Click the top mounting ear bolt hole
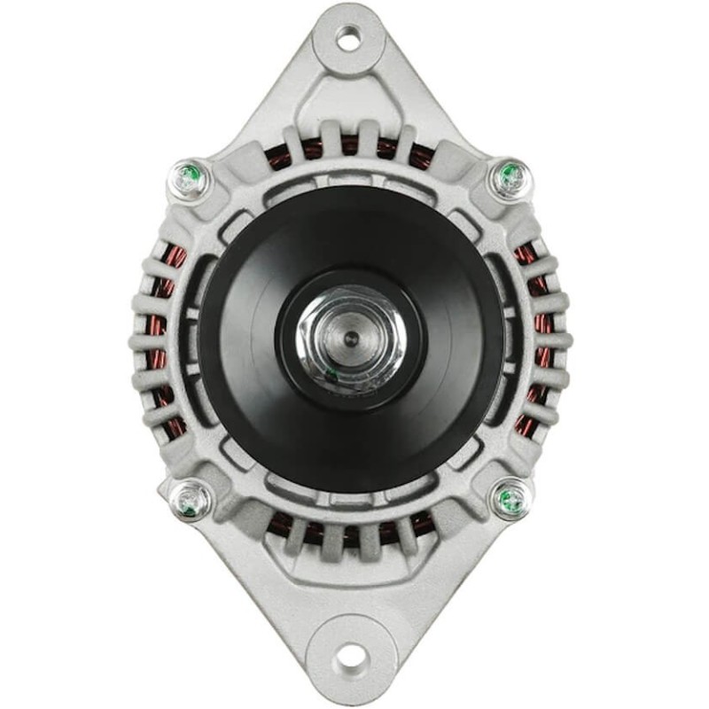click(x=349, y=38)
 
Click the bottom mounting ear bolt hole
click(x=351, y=657)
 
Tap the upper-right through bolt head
click(x=511, y=178)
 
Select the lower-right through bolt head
click(x=511, y=499)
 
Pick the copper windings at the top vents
click(x=350, y=149)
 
